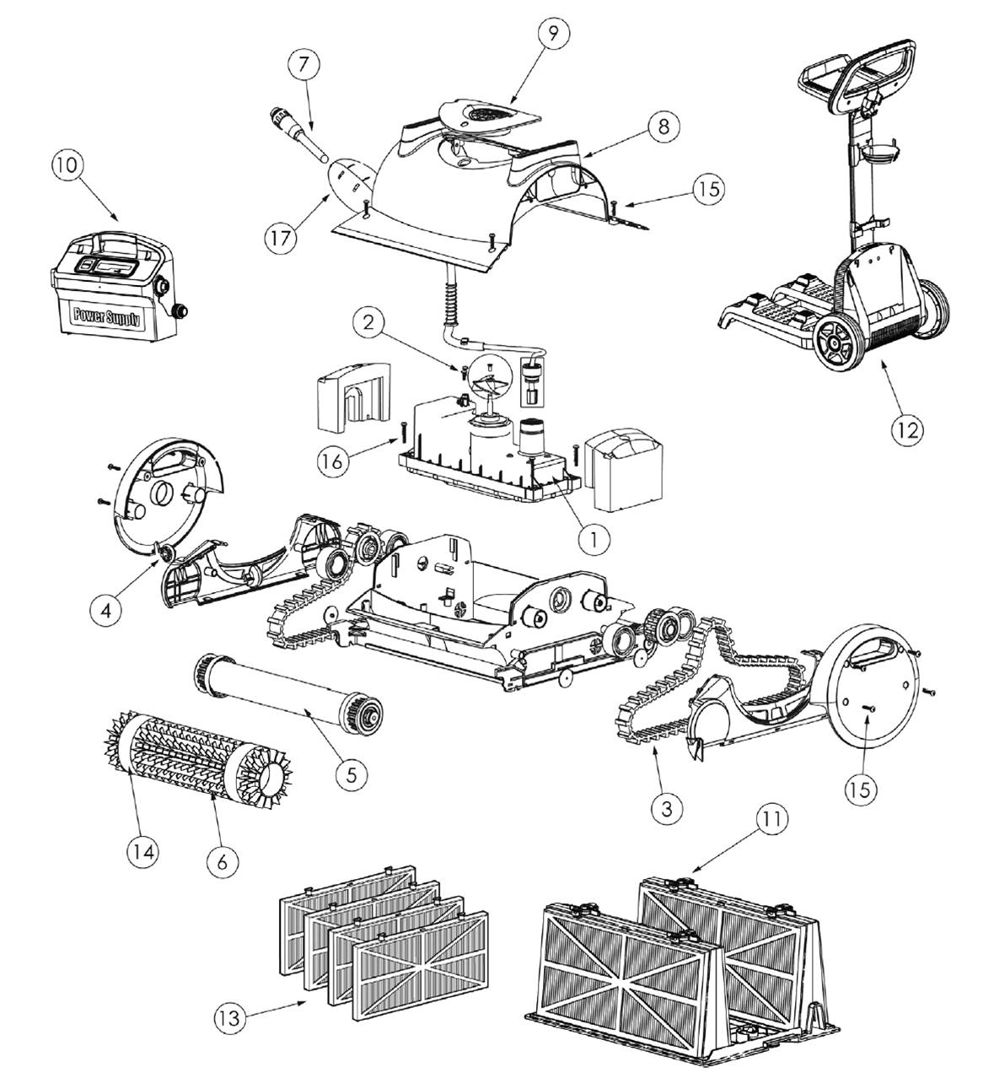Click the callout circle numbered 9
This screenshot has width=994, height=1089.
pos(553,34)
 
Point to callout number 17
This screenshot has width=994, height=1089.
pos(281,237)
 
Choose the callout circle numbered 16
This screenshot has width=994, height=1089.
pos(333,461)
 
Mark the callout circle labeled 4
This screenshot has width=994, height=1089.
pos(105,610)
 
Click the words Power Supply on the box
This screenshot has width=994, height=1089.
pos(107,317)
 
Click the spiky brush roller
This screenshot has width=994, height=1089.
pos(197,758)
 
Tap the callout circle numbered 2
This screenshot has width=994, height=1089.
pos(368,322)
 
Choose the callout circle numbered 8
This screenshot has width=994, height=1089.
pos(663,127)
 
